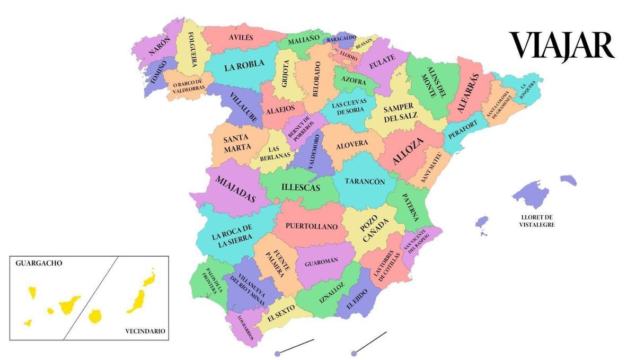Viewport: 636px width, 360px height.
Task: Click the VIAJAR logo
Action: [561, 46]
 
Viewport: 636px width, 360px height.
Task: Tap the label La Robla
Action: [244, 66]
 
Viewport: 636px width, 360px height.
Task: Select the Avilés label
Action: [241, 38]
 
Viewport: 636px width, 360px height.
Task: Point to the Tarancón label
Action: [365, 181]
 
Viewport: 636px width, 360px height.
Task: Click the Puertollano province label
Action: [312, 226]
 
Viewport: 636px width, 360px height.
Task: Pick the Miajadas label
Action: [235, 189]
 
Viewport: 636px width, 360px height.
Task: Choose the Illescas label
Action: [301, 188]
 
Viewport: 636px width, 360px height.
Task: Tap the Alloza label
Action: [408, 151]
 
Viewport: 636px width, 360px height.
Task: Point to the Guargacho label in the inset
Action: [39, 263]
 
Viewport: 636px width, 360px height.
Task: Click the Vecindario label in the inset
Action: [145, 331]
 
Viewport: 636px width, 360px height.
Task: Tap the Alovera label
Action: [352, 144]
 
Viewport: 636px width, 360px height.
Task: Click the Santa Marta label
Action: [236, 143]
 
